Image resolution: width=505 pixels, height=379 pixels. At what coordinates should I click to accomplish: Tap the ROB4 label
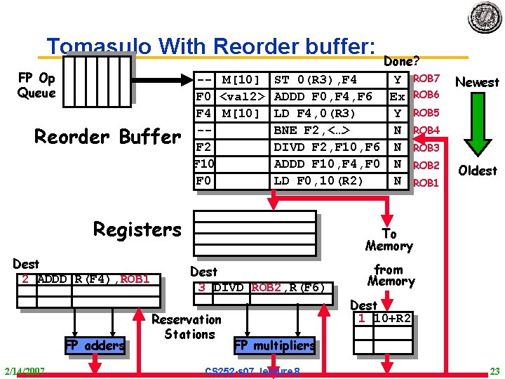(426, 131)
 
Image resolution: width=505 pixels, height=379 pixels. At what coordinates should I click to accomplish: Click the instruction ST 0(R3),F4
(316, 79)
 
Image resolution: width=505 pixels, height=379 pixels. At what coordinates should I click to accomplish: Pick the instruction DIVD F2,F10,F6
(326, 147)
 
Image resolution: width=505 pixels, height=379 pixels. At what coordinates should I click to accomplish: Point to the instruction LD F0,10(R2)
(318, 180)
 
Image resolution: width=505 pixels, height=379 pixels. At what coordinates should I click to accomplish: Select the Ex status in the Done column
(397, 96)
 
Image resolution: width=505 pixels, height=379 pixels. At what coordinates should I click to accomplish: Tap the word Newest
(477, 83)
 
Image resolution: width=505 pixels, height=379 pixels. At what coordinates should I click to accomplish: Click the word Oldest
(477, 171)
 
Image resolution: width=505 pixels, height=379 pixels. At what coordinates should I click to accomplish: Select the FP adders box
(95, 345)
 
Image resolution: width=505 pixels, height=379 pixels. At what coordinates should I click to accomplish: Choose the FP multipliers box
(274, 345)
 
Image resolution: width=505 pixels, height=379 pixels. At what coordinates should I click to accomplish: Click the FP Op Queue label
(36, 86)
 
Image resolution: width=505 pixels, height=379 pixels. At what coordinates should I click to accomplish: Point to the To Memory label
(389, 240)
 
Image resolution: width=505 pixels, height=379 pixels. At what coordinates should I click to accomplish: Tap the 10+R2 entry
(393, 319)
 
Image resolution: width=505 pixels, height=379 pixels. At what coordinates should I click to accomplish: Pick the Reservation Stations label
(187, 327)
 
